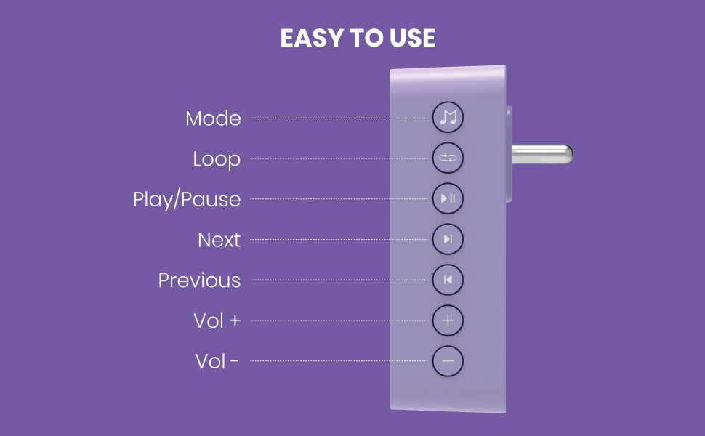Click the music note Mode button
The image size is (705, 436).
[x=448, y=117]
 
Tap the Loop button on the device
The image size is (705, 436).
[x=448, y=158]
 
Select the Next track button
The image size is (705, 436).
[x=448, y=239]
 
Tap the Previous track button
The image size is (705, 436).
[x=448, y=280]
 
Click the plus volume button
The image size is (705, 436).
[x=448, y=320]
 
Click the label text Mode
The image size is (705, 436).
[x=213, y=118]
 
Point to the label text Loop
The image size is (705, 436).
[x=217, y=160]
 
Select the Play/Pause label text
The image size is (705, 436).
[x=187, y=200]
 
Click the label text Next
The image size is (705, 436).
[x=219, y=240]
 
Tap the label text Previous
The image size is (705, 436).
[x=200, y=280]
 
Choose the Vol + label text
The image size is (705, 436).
[x=217, y=321]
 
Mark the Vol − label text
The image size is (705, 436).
[x=217, y=361]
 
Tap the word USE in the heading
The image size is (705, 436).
[x=412, y=38]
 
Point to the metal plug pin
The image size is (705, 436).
[x=542, y=154]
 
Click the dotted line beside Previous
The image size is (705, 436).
[x=339, y=280]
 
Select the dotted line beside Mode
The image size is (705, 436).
[x=339, y=118]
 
